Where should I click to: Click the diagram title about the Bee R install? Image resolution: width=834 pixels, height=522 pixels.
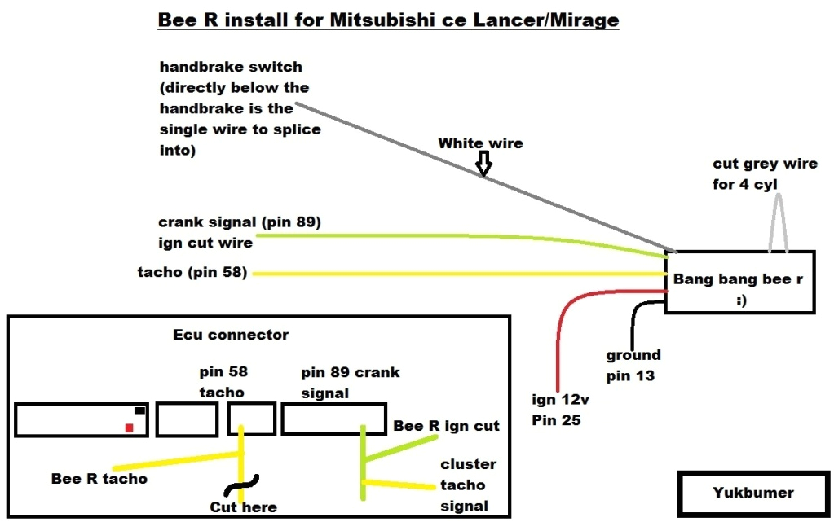click(x=388, y=20)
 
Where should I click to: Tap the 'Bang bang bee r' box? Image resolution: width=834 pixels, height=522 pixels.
click(x=739, y=282)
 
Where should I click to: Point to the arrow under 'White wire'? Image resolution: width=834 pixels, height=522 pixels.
click(x=483, y=165)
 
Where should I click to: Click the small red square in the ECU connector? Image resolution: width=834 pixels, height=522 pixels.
click(x=129, y=428)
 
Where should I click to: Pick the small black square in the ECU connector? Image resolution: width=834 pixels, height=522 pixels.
click(x=139, y=410)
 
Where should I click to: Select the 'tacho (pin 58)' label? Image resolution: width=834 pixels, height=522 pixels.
click(x=192, y=272)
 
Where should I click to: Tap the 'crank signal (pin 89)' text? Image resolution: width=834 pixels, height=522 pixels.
click(x=240, y=222)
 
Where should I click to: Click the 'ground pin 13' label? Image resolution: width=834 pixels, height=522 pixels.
click(x=633, y=366)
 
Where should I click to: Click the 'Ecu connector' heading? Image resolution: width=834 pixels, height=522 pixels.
click(x=231, y=335)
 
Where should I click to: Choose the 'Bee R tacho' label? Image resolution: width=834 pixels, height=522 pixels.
click(x=99, y=479)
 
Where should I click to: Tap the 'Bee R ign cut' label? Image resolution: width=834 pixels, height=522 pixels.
click(x=446, y=426)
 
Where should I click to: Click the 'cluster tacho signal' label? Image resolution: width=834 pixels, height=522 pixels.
click(x=468, y=485)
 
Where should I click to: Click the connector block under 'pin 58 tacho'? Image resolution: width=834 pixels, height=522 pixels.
click(x=251, y=419)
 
